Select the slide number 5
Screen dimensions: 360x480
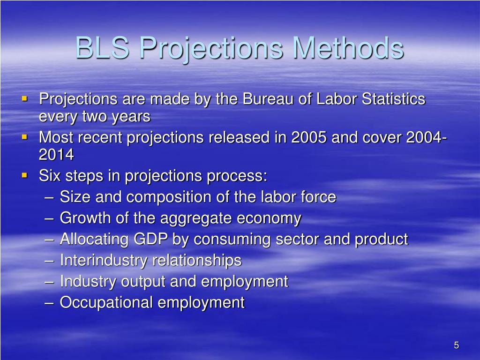456,345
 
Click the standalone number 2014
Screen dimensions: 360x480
56,155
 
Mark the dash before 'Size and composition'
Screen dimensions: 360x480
51,198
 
